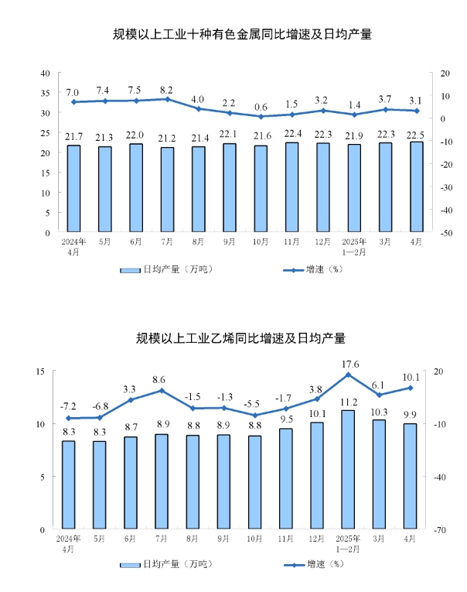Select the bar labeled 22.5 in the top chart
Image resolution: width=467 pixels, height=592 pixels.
[x=416, y=186]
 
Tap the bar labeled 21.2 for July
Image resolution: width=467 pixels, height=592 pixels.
[x=167, y=190]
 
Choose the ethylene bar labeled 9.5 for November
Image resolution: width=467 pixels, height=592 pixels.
[x=286, y=478]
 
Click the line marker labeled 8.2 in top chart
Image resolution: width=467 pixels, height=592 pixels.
[x=167, y=99]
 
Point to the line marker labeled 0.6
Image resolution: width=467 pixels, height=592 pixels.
[x=261, y=117]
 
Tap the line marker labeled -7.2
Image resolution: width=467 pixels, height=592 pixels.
[x=68, y=419]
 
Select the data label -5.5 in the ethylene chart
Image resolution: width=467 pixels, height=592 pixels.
[x=254, y=404]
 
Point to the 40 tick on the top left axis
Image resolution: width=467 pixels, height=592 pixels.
[x=46, y=73]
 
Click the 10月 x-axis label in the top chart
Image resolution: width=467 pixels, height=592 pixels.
[x=261, y=241]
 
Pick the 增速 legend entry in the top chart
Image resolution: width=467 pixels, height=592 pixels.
[x=307, y=270]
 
